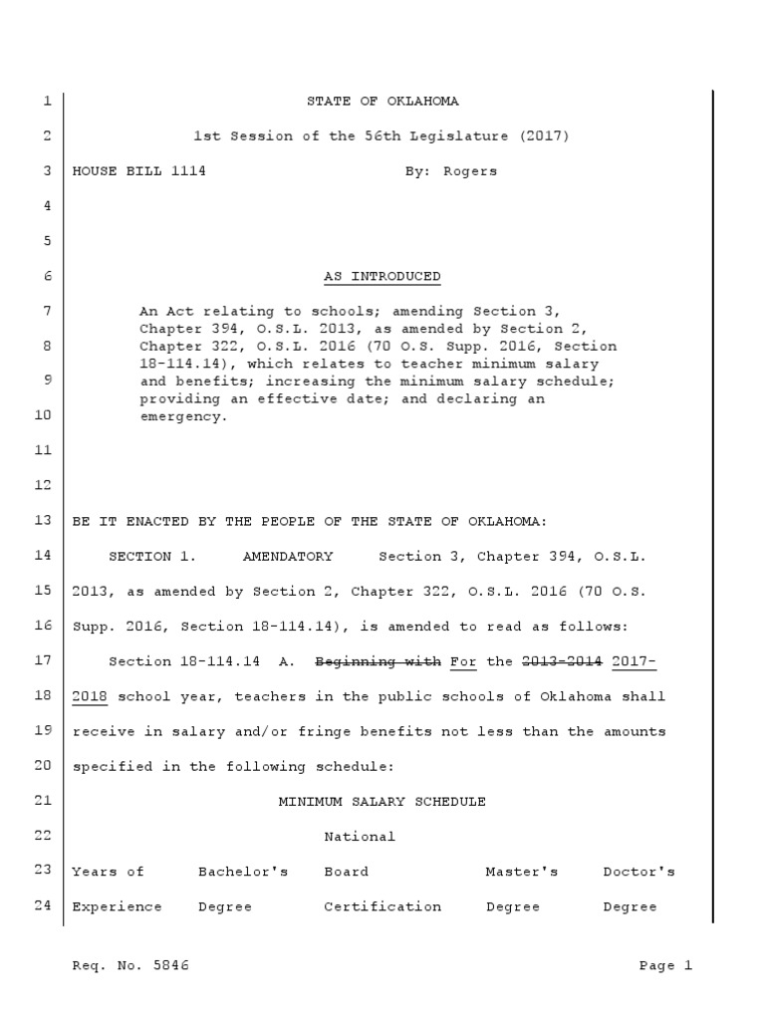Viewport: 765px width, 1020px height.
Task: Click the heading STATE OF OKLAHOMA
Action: [382, 102]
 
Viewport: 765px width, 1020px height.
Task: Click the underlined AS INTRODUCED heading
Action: [382, 276]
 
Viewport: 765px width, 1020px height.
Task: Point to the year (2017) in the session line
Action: [543, 136]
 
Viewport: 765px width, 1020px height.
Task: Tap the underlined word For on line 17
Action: [463, 661]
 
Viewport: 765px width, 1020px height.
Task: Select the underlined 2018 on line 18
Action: [89, 696]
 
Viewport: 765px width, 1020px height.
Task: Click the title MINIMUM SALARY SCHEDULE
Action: [382, 801]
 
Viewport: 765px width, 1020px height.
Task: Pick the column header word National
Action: [360, 837]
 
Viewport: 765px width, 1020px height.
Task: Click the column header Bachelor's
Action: [243, 872]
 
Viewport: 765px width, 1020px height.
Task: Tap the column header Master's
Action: [522, 872]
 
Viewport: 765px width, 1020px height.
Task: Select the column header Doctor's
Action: [638, 872]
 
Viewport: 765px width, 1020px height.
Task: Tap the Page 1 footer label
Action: [664, 965]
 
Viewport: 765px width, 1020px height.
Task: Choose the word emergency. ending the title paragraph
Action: [184, 416]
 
